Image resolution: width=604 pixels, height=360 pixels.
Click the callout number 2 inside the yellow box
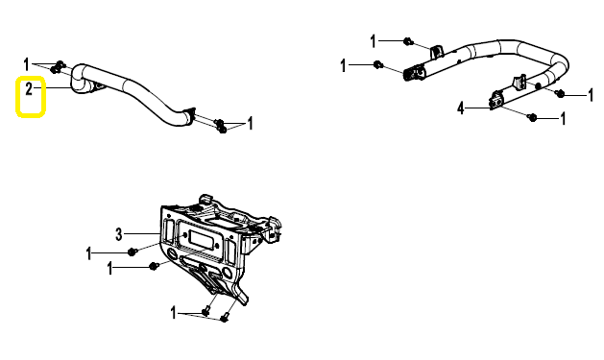point(29,89)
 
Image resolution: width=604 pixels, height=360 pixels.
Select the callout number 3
point(119,233)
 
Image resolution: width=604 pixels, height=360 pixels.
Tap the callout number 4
point(461,108)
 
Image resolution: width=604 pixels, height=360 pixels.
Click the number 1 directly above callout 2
point(26,64)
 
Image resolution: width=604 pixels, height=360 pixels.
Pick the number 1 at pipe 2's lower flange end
point(250,123)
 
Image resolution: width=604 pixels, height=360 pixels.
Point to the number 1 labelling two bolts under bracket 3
point(174,313)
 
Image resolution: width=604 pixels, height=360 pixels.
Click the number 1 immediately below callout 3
point(89,253)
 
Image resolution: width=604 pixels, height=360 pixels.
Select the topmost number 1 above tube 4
point(373,41)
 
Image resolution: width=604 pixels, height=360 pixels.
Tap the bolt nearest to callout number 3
point(133,252)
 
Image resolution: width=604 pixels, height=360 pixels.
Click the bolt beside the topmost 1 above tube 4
point(408,41)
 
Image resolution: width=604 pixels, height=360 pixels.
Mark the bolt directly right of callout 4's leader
point(533,117)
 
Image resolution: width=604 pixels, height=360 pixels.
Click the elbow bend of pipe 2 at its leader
point(79,79)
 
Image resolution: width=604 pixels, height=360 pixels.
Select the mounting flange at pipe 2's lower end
point(189,116)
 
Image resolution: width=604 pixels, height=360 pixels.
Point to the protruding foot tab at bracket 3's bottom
point(242,296)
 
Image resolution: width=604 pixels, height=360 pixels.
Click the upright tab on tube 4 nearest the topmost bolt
point(437,52)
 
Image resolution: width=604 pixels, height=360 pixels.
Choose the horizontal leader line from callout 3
point(142,233)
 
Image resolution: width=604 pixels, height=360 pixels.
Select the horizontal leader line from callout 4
point(477,108)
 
